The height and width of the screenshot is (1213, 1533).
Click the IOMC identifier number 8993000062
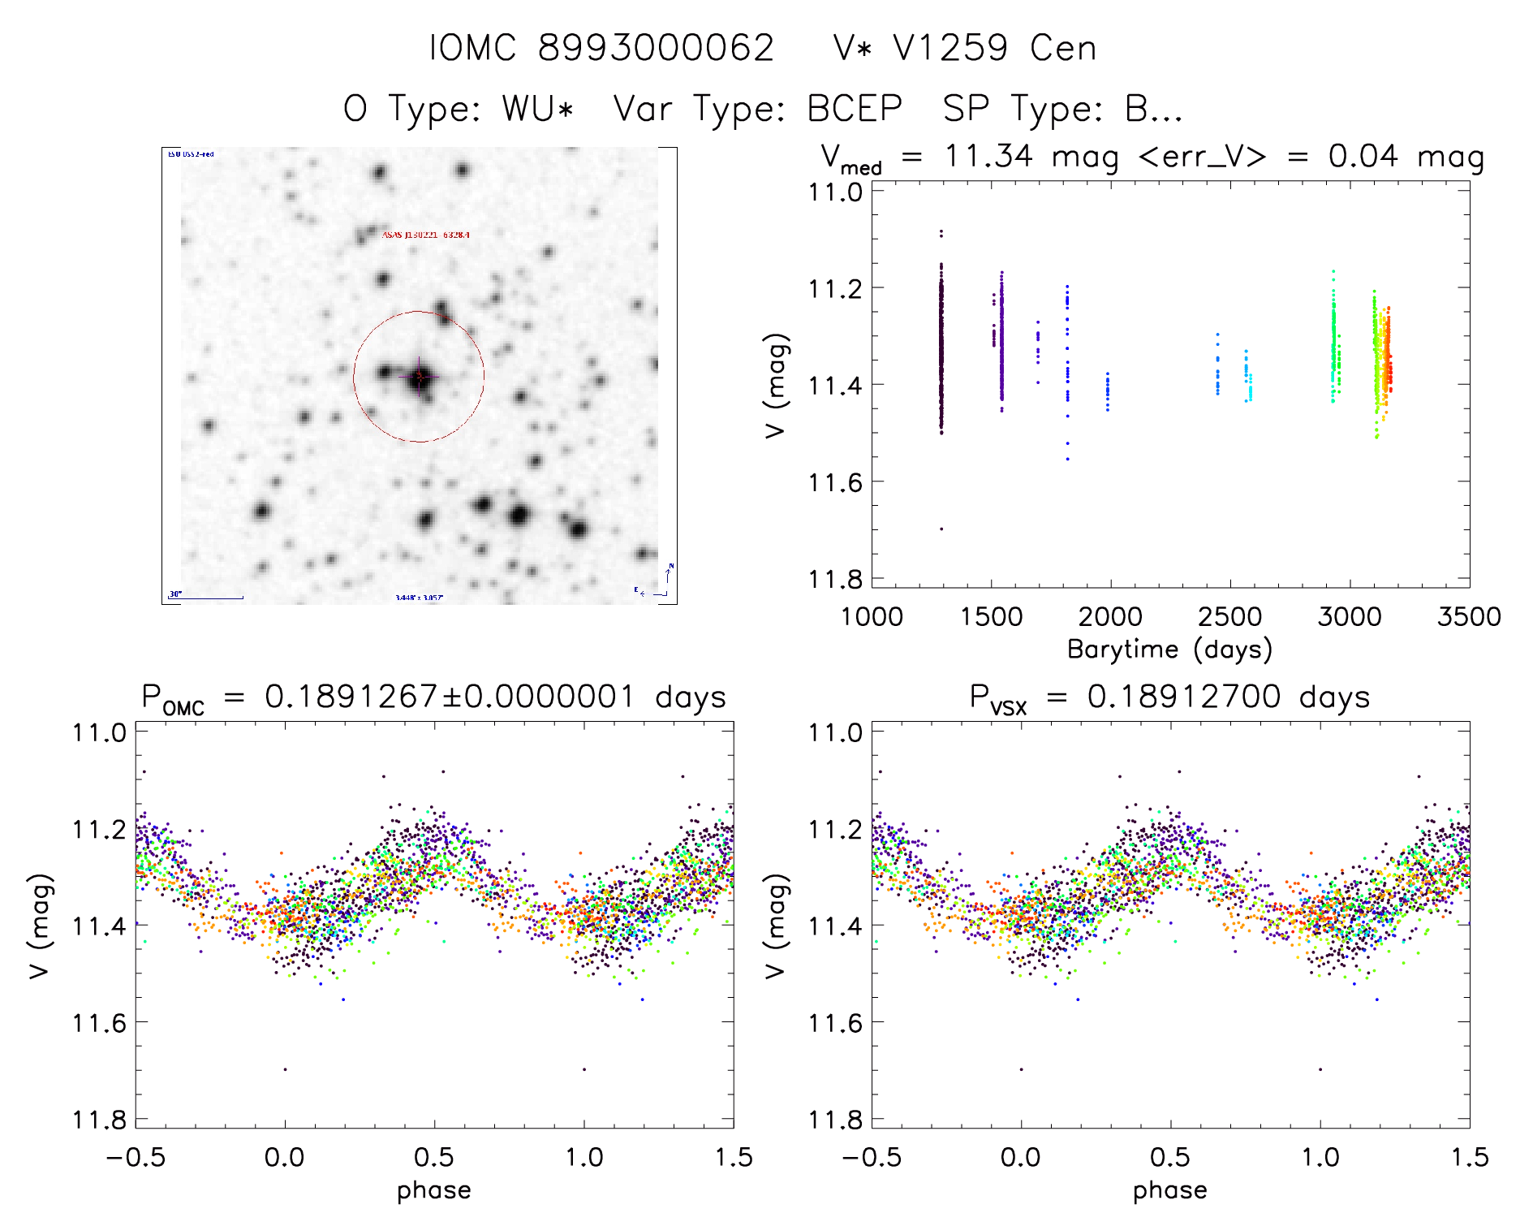pos(656,48)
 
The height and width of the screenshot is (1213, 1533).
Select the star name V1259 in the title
pos(950,48)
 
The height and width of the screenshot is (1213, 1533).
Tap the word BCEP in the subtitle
pos(855,109)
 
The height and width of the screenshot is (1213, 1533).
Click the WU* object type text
pos(538,109)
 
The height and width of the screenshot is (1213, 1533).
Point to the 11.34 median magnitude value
pos(988,156)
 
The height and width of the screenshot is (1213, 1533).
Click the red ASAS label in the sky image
pos(425,235)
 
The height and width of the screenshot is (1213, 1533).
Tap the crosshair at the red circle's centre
pos(420,376)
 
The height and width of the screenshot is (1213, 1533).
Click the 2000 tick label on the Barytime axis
pos(1109,617)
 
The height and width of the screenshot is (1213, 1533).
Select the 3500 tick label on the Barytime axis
pos(1468,617)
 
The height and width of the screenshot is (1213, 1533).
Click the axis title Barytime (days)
pos(1169,650)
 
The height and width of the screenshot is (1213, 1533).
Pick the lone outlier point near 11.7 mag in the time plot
pos(941,529)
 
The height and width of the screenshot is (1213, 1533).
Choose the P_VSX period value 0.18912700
pos(1184,697)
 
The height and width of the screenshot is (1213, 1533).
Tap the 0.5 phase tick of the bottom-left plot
pos(434,1157)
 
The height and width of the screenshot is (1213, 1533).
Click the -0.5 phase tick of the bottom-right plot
pos(871,1157)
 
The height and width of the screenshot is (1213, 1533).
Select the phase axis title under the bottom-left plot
pos(434,1190)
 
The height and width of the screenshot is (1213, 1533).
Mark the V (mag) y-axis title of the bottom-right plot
pos(776,926)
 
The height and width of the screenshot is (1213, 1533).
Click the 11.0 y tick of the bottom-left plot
pos(99,732)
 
